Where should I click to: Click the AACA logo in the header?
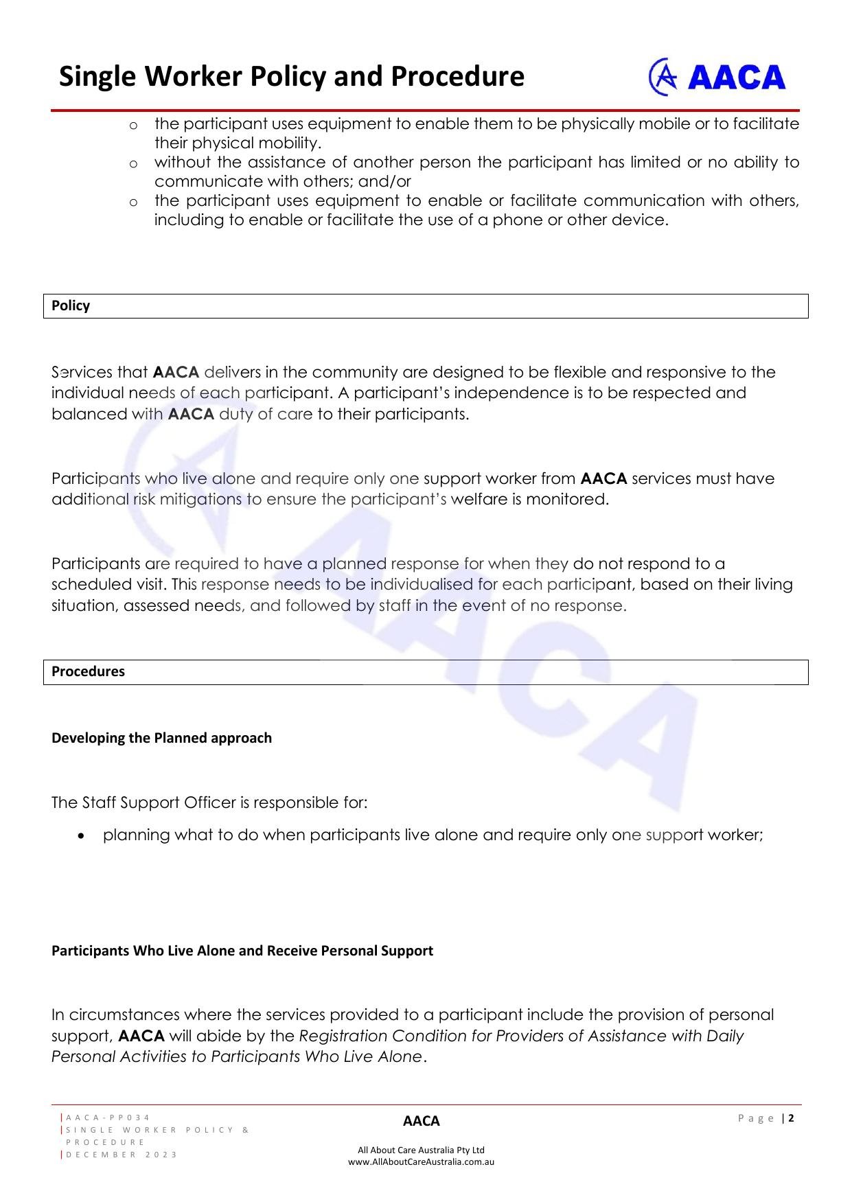[717, 77]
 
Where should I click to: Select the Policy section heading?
[71, 306]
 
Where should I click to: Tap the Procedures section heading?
[88, 672]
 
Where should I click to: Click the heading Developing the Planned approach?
[161, 738]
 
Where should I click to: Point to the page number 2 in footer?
[792, 1118]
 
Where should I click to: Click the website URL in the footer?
[421, 1162]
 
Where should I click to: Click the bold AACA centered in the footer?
[421, 1121]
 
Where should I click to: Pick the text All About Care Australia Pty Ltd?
[421, 1150]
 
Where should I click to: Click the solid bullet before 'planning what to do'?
[82, 836]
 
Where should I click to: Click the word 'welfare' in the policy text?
[479, 500]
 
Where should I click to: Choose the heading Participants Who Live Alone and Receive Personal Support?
[242, 951]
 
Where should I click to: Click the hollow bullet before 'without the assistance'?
[133, 163]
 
